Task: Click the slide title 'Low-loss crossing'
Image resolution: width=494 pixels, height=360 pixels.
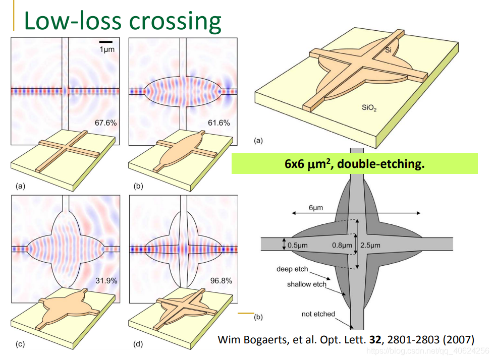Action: (123, 21)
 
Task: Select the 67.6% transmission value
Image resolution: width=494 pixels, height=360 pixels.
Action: (105, 123)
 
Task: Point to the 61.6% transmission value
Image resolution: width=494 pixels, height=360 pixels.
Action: (218, 123)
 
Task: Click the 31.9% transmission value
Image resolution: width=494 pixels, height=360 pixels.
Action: (106, 280)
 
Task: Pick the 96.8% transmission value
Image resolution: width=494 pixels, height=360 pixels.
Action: (221, 281)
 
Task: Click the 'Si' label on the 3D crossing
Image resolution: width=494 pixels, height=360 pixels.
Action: (388, 50)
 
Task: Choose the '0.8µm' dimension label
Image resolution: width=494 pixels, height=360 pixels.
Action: (342, 245)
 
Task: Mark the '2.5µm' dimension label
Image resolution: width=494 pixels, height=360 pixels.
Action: (371, 245)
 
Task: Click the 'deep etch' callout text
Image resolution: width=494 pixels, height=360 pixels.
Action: (292, 269)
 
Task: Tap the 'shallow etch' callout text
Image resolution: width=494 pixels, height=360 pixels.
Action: (306, 284)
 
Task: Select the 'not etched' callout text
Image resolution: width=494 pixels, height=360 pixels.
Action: (318, 314)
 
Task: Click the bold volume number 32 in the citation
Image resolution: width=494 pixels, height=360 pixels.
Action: (375, 339)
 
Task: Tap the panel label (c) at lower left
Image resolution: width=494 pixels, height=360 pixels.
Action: (20, 344)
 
